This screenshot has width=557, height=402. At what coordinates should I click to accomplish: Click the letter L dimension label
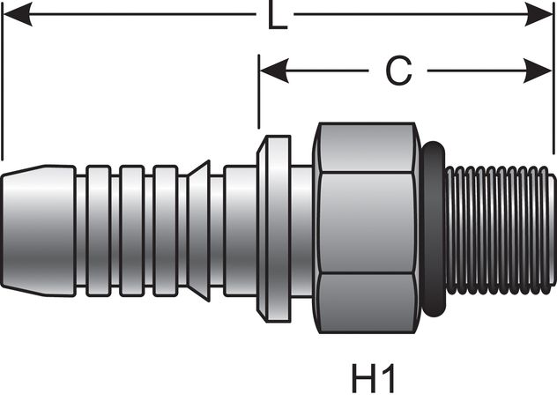(277, 15)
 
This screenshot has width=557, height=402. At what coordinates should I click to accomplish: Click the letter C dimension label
(398, 71)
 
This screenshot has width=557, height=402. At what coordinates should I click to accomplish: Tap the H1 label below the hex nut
(373, 378)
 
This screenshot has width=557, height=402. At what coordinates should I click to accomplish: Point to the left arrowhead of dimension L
(17, 15)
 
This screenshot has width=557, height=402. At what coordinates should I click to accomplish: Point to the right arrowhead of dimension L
(538, 15)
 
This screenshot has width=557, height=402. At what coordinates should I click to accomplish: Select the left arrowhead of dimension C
(274, 71)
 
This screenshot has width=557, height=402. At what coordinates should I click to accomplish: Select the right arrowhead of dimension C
(538, 71)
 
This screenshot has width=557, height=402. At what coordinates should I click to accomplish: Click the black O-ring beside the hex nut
(434, 229)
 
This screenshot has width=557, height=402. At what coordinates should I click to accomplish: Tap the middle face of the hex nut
(367, 222)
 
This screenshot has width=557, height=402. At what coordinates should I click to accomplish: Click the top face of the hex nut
(367, 148)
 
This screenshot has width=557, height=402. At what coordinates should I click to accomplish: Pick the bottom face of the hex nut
(367, 303)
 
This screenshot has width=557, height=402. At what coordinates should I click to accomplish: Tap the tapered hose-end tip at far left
(39, 231)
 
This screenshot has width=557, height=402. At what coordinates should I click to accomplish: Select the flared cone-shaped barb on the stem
(198, 231)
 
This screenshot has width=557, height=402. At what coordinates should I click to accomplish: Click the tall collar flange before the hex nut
(274, 229)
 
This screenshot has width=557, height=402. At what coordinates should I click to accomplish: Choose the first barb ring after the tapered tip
(99, 231)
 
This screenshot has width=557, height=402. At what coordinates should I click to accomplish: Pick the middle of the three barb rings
(132, 231)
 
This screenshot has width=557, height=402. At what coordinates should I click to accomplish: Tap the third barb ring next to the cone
(166, 231)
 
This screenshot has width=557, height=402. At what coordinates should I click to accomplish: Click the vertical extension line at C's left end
(259, 92)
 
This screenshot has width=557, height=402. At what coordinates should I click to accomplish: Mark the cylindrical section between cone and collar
(240, 231)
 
